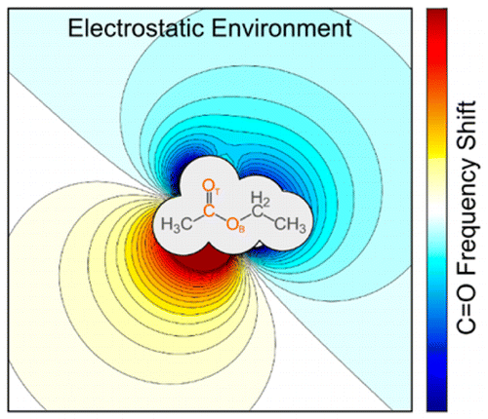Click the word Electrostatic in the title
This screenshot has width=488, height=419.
click(137, 28)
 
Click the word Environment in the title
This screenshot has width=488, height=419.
click(282, 28)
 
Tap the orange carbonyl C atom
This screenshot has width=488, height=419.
click(209, 210)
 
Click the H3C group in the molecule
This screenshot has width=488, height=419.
click(177, 225)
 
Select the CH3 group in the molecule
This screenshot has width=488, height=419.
click(291, 225)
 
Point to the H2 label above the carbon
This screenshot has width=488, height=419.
click(261, 199)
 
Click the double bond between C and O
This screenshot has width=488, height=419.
click(209, 199)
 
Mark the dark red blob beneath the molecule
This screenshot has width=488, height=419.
click(202, 260)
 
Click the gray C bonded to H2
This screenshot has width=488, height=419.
click(258, 212)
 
